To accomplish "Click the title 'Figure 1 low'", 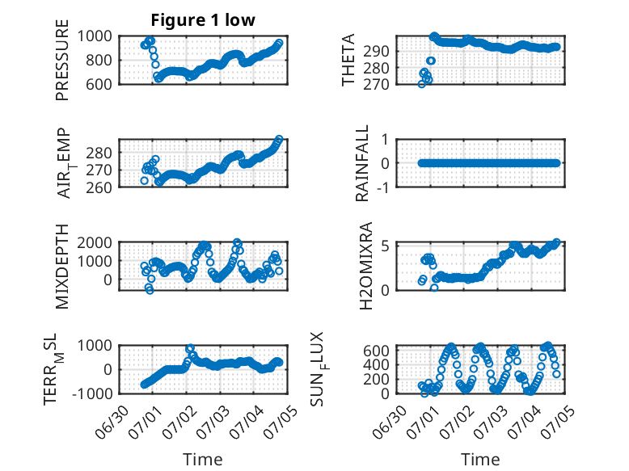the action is pyautogui.click(x=203, y=20).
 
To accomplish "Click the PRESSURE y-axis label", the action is pyautogui.click(x=62, y=60).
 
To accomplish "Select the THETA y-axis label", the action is pyautogui.click(x=348, y=60).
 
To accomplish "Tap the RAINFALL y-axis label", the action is pyautogui.click(x=362, y=163).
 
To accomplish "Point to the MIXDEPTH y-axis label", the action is pyautogui.click(x=62, y=267).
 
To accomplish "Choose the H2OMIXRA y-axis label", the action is pyautogui.click(x=366, y=266).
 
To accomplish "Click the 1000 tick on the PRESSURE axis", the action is pyautogui.click(x=95, y=36).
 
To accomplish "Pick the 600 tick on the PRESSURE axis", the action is pyautogui.click(x=99, y=84).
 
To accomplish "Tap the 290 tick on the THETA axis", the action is pyautogui.click(x=377, y=52).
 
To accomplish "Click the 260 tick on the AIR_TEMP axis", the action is pyautogui.click(x=99, y=187).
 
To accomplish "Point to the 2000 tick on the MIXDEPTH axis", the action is pyautogui.click(x=95, y=242).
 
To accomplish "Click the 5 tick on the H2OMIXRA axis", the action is pyautogui.click(x=386, y=246).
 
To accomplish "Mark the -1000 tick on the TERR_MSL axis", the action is pyautogui.click(x=92, y=393).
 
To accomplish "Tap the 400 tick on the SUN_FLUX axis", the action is pyautogui.click(x=377, y=365).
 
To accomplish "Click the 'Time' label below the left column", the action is pyautogui.click(x=203, y=460).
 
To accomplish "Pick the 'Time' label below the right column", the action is pyautogui.click(x=480, y=460).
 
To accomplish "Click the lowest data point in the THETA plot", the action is pyautogui.click(x=421, y=84).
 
